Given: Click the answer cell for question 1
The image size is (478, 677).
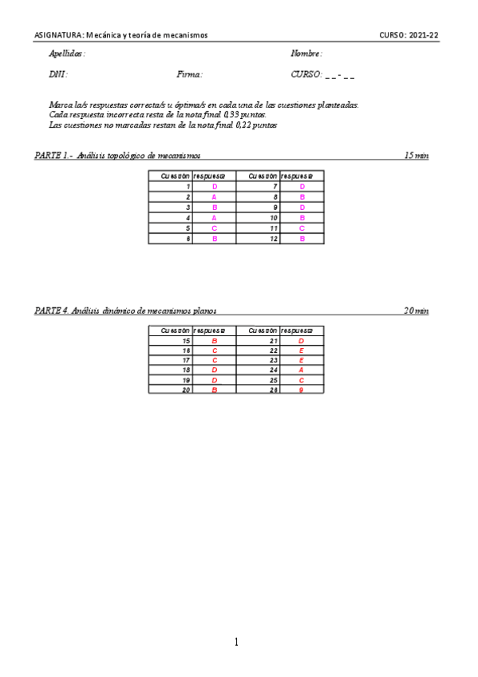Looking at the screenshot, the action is point(214,186).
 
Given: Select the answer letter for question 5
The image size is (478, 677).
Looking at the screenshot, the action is point(214,228).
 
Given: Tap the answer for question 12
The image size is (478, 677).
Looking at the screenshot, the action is point(302,238).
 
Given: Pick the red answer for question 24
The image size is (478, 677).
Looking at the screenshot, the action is point(302,370).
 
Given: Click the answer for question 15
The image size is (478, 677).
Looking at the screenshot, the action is point(214,341).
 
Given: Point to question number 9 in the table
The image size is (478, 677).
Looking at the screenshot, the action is point(275,207).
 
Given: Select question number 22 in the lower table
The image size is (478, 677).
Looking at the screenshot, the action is point(275,350).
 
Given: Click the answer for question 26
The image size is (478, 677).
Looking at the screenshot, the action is point(302,390).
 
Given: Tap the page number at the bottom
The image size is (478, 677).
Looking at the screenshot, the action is point(236,642).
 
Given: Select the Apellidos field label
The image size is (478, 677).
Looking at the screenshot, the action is point(67,53).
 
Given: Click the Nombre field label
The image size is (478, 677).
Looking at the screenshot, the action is point(306,53).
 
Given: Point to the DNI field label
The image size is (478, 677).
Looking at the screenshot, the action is point(57,74).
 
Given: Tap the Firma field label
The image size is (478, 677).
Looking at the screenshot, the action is point(190,74).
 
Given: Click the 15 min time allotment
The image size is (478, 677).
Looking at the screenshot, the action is point(417,155).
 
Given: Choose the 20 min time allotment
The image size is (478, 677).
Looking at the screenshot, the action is point(417,311).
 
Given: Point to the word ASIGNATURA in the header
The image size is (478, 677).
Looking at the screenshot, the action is point(57,35).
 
